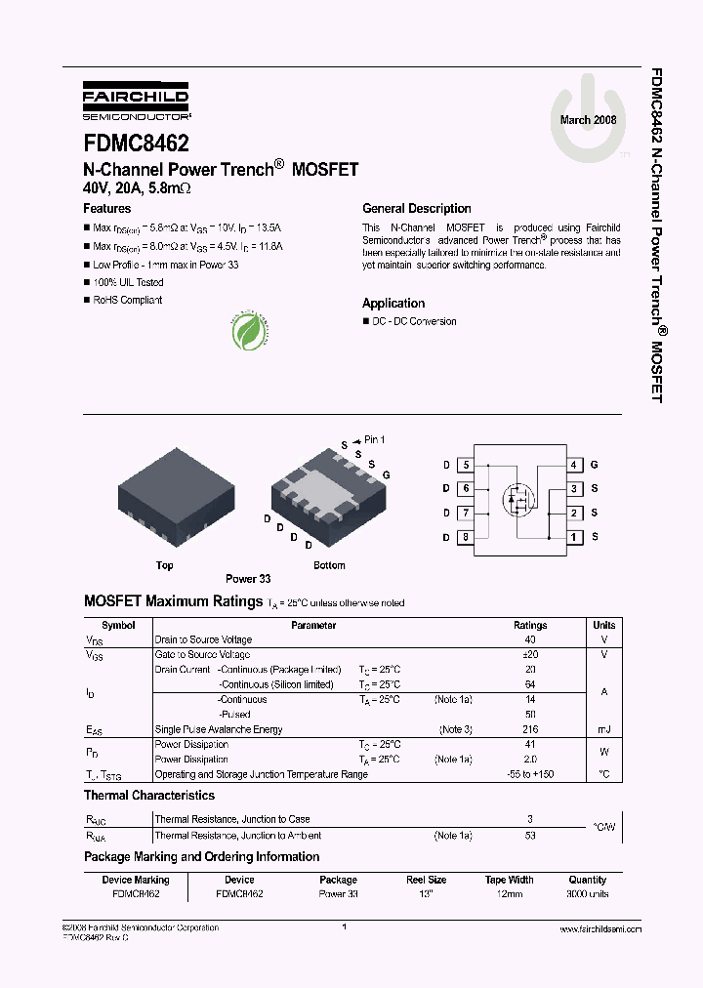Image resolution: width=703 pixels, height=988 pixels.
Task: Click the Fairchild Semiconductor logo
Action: pos(136,102)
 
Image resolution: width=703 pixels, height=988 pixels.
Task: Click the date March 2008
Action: pos(588,120)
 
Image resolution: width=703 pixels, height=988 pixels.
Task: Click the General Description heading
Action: pos(416,208)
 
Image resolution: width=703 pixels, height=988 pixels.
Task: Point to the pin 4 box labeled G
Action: pos(576,465)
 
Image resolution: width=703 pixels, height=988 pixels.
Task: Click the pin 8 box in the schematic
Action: pos(466,537)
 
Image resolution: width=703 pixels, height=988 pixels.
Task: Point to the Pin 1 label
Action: pos(375,439)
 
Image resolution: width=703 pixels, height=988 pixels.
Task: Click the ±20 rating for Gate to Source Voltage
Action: pos(530,654)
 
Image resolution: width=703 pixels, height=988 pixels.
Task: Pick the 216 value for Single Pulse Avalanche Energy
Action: pos(530,729)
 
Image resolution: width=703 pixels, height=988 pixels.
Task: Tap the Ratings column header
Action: pos(530,626)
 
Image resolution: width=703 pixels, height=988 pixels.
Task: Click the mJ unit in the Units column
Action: pos(603,729)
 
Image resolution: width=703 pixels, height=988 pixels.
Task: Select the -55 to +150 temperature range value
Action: pos(530,774)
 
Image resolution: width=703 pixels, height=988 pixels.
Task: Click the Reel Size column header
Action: pos(426,880)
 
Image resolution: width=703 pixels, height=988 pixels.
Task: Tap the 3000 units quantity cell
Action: pos(587,893)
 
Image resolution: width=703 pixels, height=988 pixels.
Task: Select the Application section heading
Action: pos(393,303)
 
